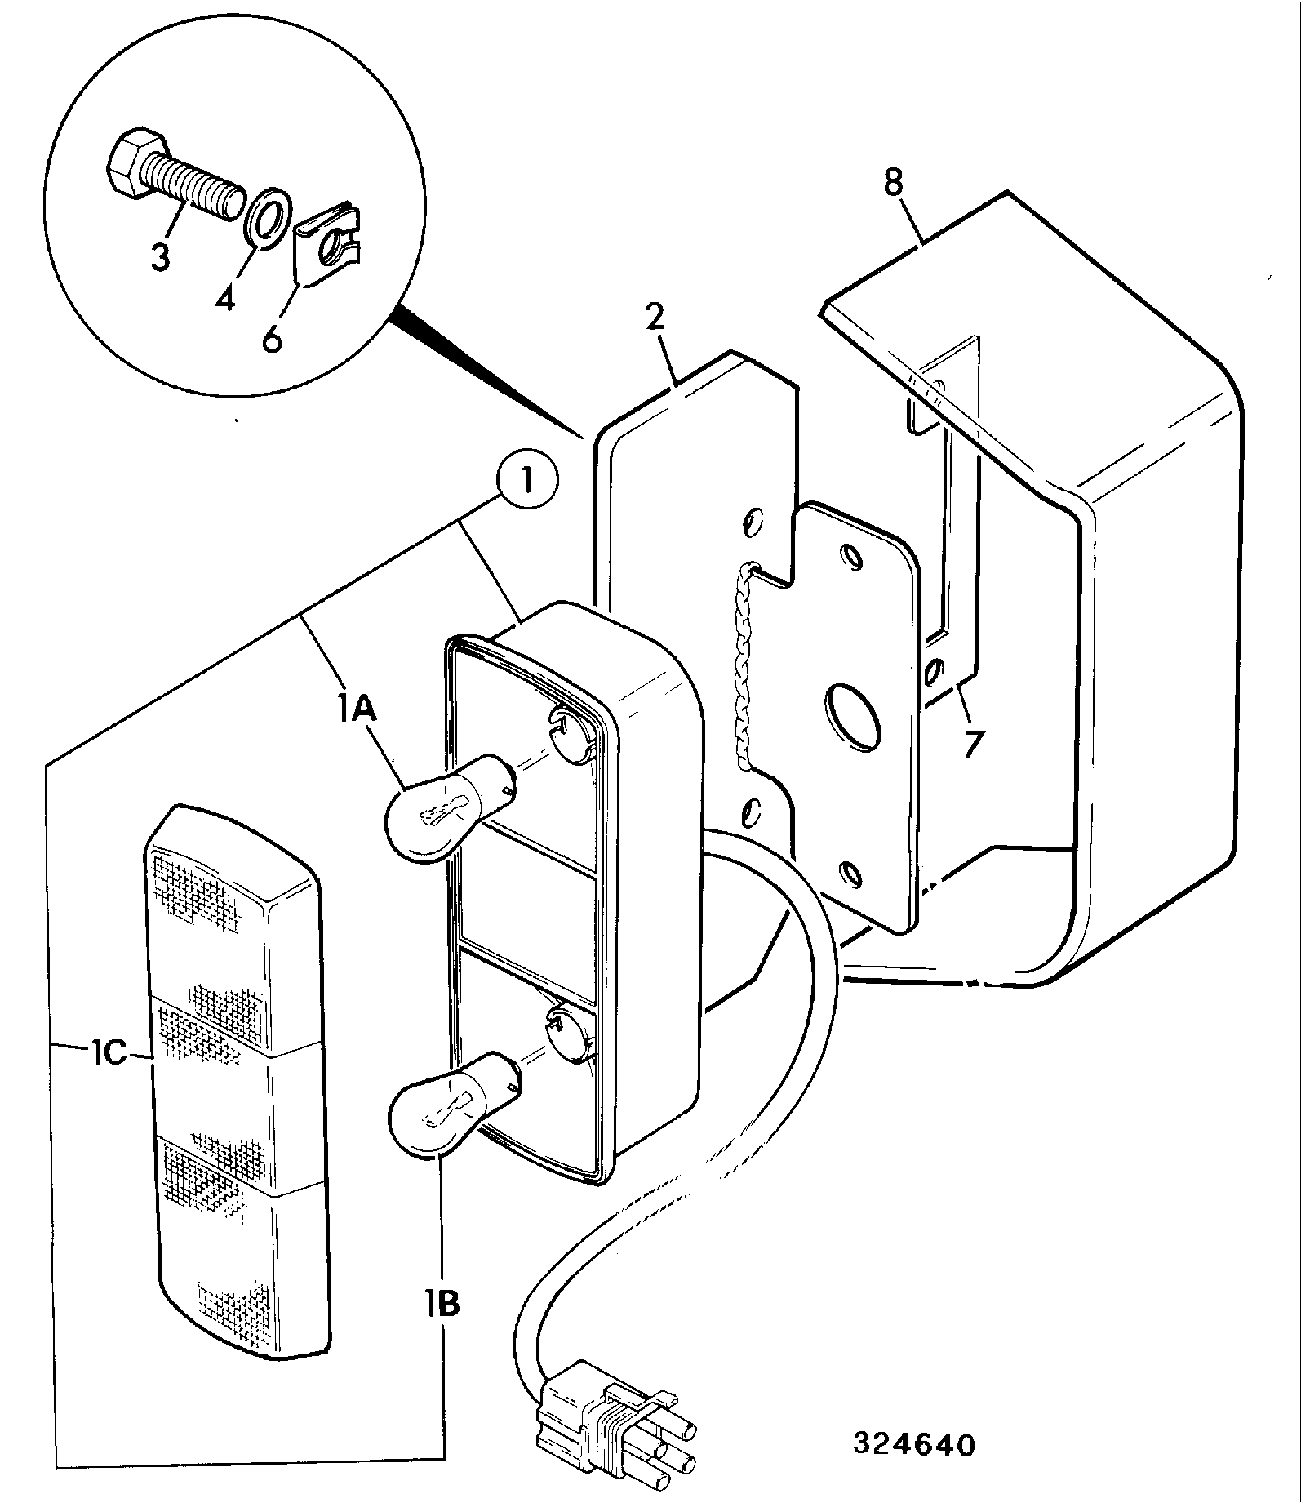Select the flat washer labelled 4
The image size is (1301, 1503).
[266, 216]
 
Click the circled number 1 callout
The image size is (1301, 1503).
[527, 482]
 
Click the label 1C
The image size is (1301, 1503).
[108, 1054]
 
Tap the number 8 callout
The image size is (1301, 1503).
[894, 182]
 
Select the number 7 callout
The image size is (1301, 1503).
[971, 744]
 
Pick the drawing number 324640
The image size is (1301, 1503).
[914, 1445]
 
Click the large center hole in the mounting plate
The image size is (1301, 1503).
[853, 716]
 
